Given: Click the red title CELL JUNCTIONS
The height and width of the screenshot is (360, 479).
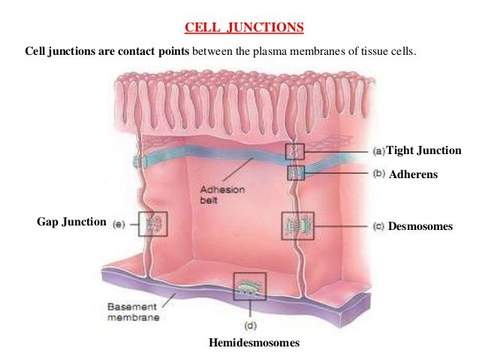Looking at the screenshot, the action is (x=244, y=29).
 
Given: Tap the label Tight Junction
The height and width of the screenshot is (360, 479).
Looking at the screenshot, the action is (x=423, y=150).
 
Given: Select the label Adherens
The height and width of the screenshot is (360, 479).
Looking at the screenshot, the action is (x=413, y=174).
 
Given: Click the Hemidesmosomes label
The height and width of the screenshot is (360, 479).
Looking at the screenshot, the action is (x=255, y=343).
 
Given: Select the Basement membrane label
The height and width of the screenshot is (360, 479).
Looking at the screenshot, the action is (x=132, y=313).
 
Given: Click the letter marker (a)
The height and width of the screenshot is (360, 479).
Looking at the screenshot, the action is (x=378, y=150).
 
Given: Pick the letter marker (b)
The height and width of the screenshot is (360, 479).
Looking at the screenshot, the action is (x=378, y=174).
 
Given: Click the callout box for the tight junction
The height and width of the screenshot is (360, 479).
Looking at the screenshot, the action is (x=295, y=153).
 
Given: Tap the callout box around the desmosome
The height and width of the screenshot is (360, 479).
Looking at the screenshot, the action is (x=294, y=225).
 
